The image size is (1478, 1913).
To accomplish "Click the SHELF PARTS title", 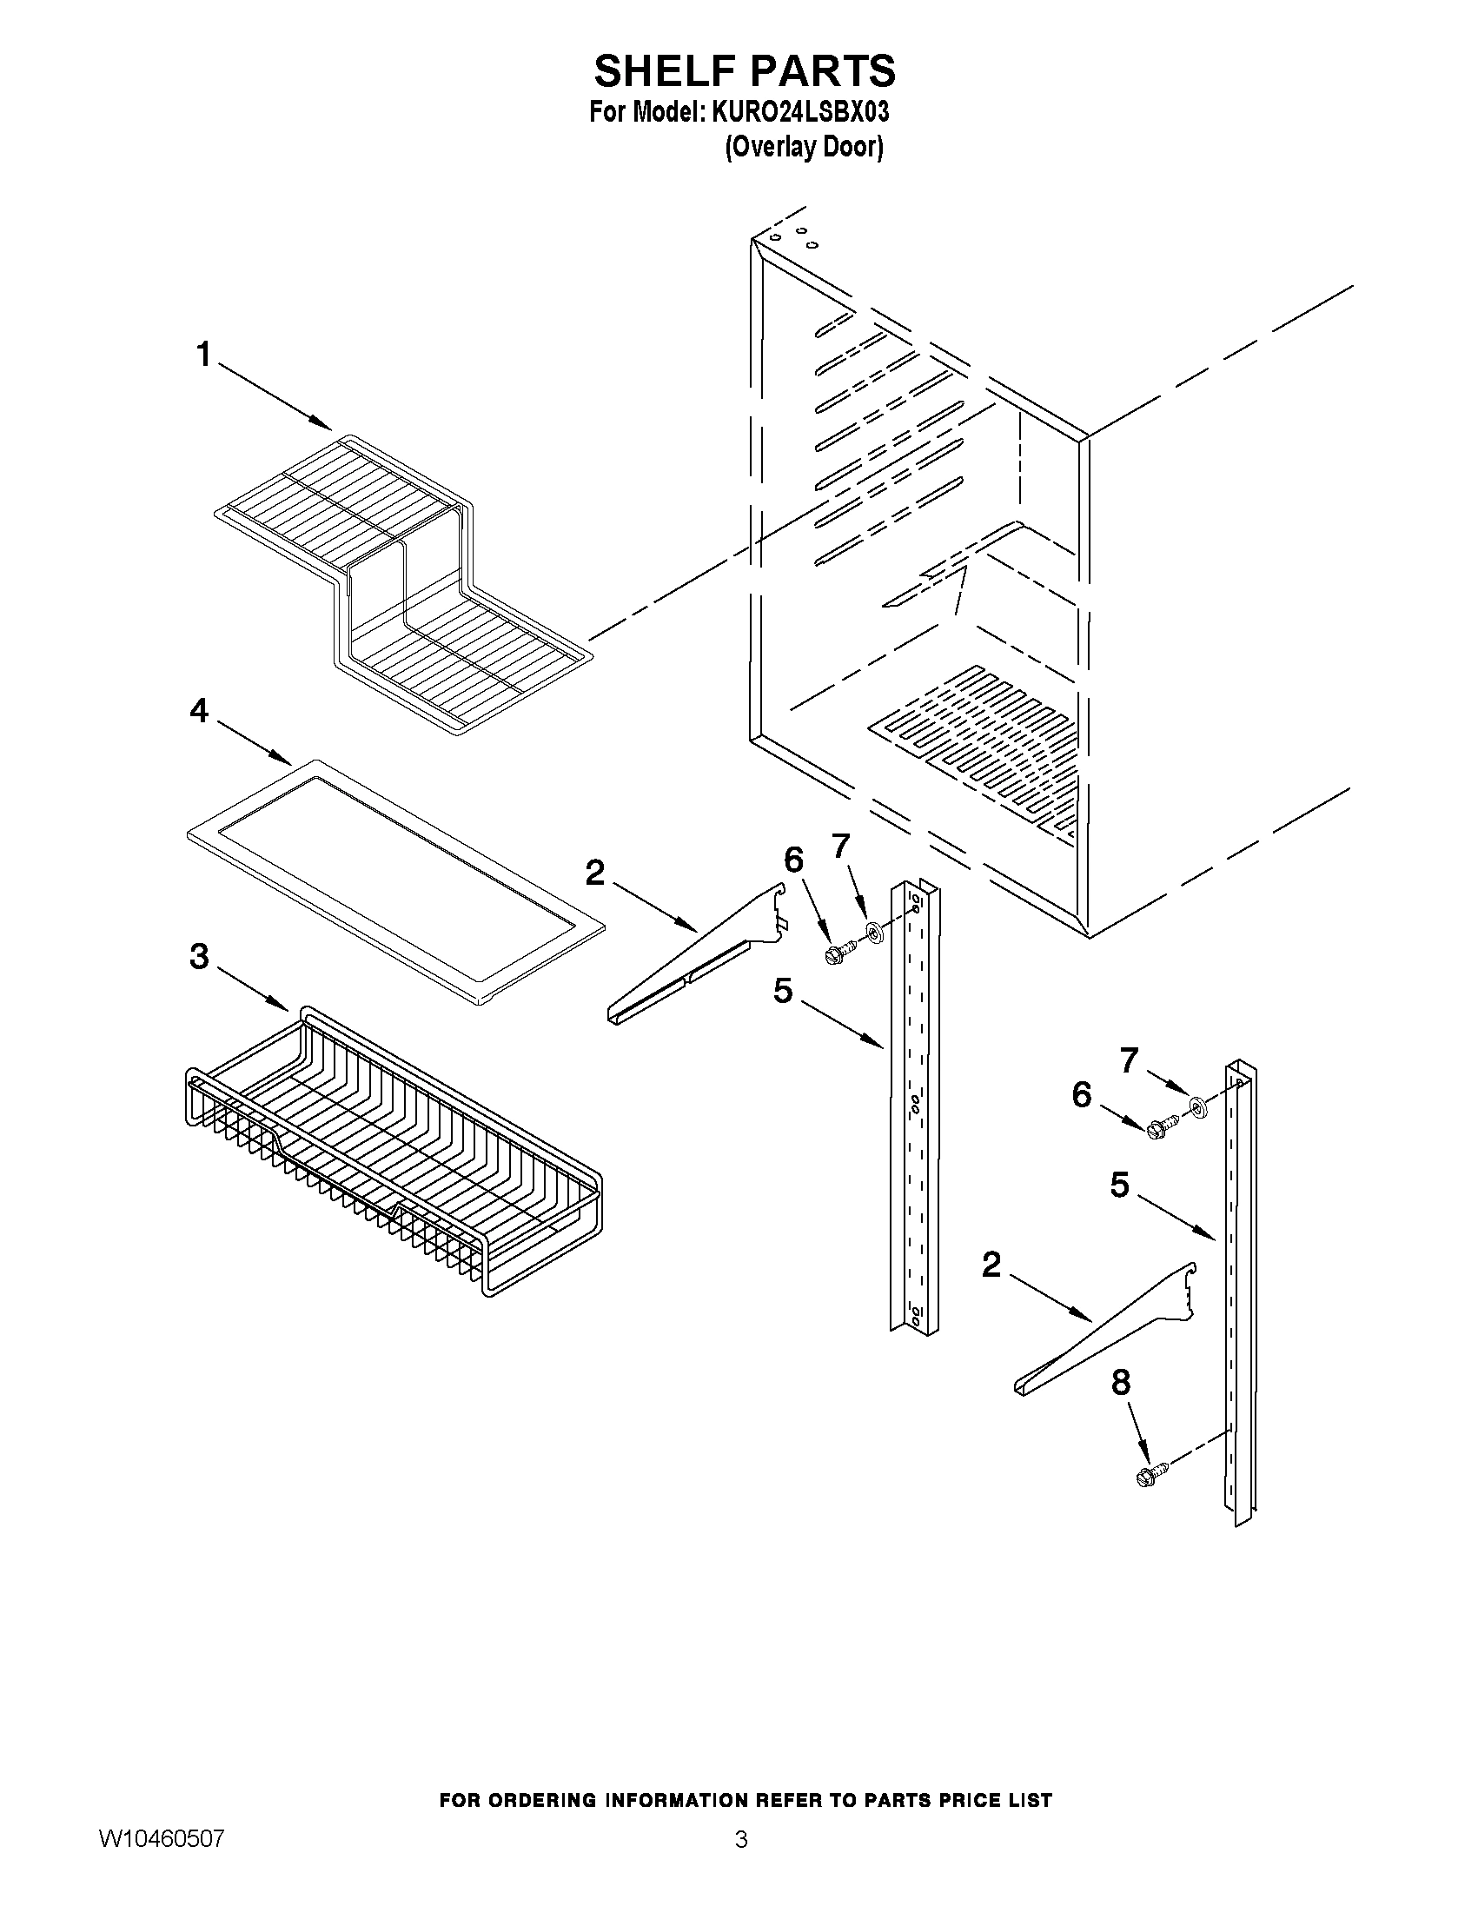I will (x=745, y=70).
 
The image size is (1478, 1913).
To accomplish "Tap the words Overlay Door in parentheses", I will (x=803, y=146).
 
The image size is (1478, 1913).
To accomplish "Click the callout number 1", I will (x=203, y=355).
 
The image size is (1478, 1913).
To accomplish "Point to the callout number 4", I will (x=200, y=710).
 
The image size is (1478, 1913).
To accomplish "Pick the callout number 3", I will (x=200, y=956).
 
